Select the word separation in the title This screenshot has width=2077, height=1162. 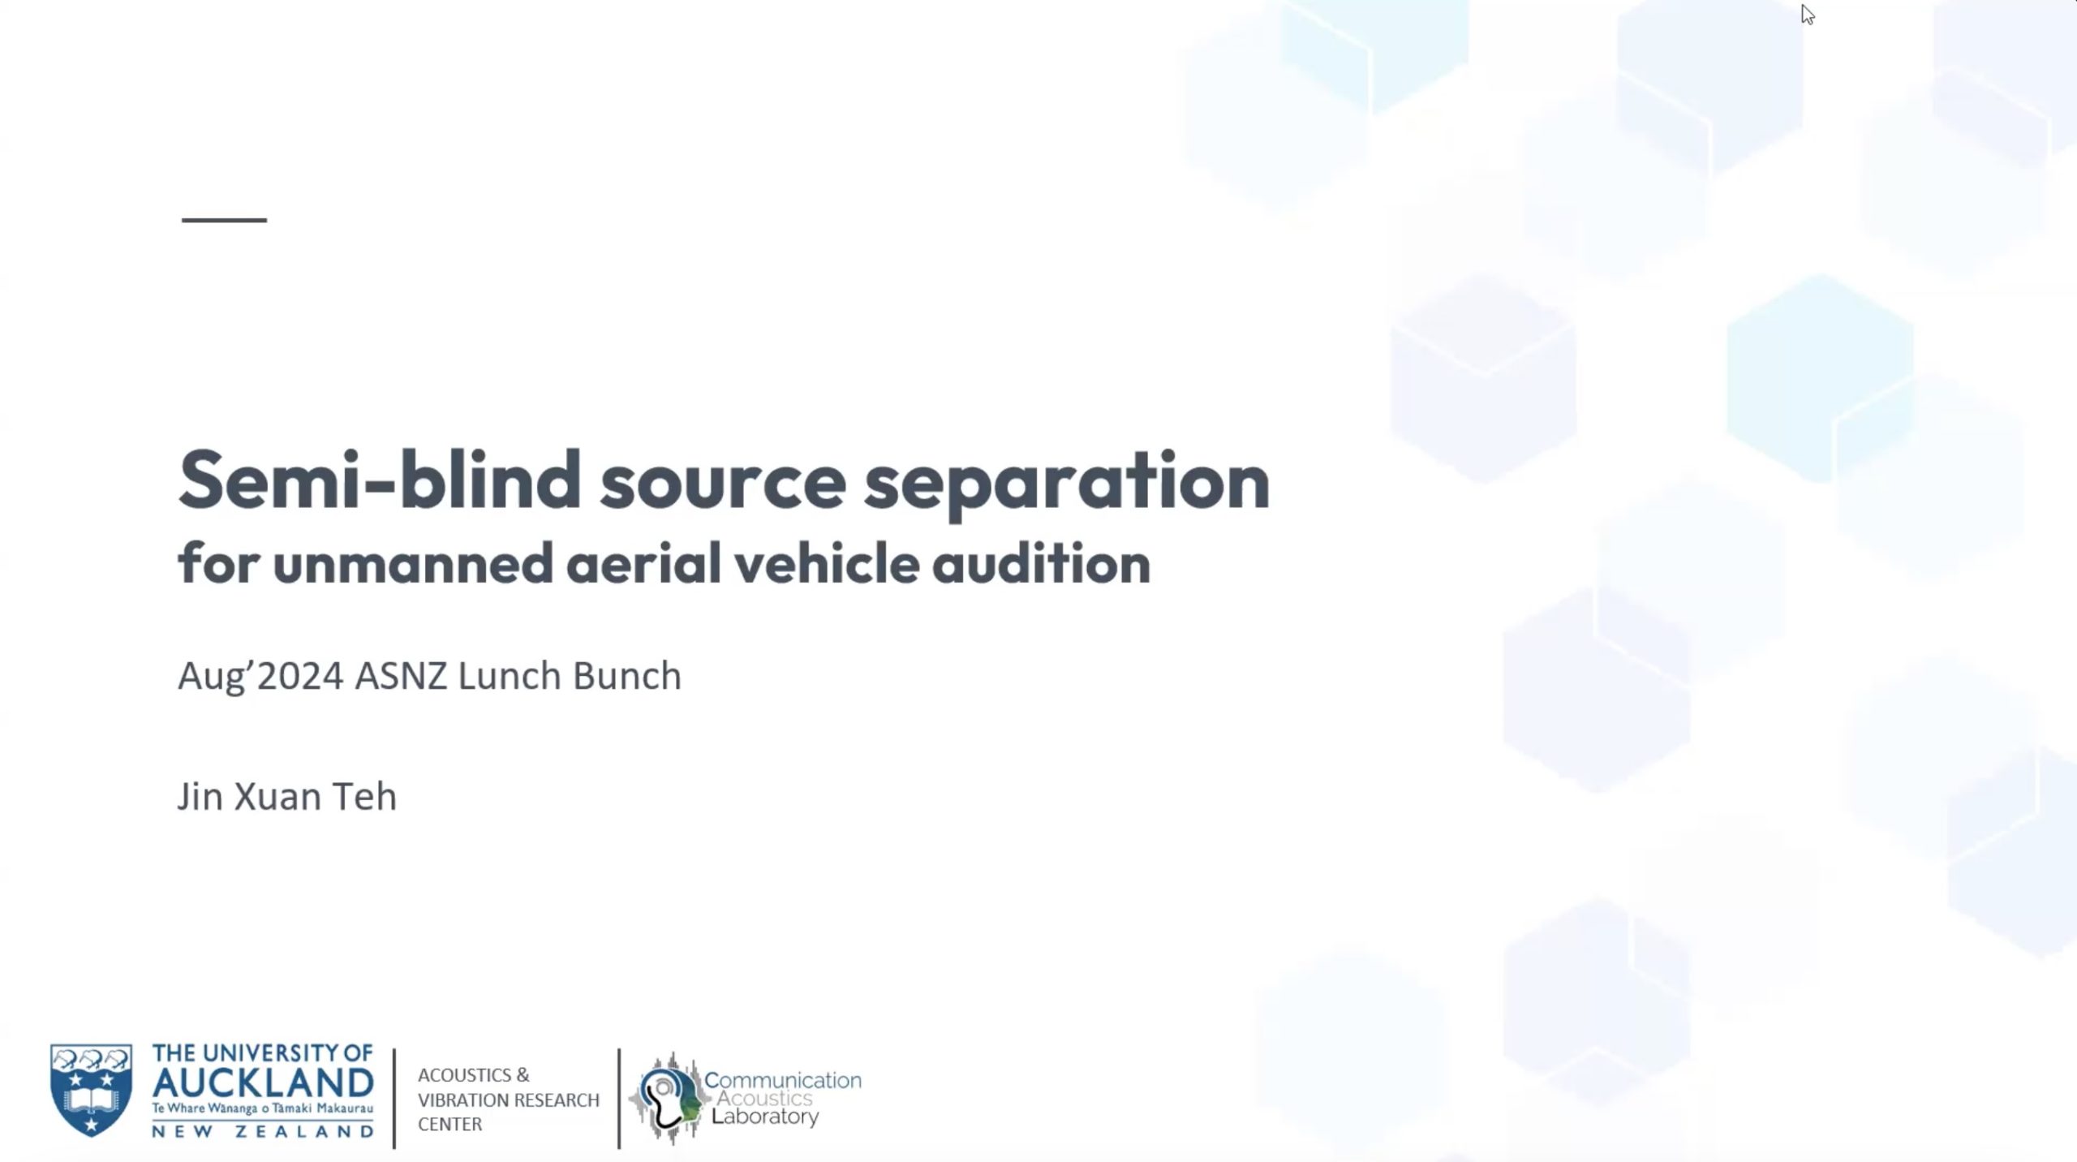point(1067,484)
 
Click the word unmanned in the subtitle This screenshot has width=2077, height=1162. point(413,564)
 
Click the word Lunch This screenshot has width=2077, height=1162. point(510,675)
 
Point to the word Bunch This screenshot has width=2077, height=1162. point(627,675)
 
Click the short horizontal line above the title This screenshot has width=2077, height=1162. point(224,220)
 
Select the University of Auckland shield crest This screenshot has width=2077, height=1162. point(91,1090)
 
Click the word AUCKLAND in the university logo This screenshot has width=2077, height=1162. point(263,1082)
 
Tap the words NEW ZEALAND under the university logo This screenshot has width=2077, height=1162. point(263,1131)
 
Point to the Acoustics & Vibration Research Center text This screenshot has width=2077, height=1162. point(509,1100)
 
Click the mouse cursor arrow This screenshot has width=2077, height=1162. point(1808,15)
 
